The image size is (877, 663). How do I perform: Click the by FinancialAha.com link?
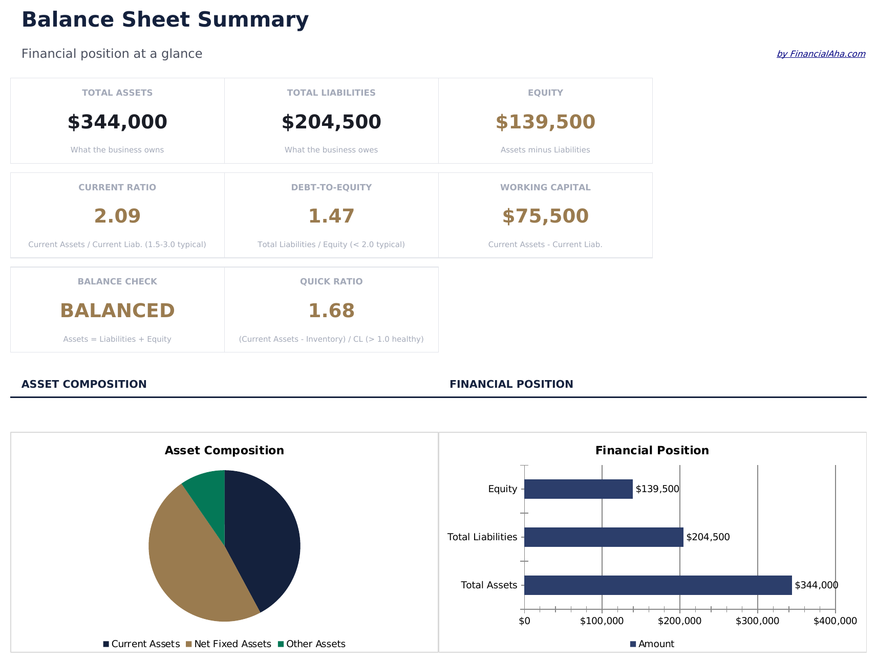(x=821, y=54)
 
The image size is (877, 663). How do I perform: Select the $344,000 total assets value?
(x=117, y=122)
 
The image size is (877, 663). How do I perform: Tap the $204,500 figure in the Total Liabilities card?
(x=331, y=122)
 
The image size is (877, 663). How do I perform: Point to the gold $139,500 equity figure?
(x=545, y=122)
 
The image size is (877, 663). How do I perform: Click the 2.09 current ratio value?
(x=117, y=216)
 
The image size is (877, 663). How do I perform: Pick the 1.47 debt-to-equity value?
(x=331, y=216)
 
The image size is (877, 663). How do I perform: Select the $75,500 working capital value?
(x=545, y=216)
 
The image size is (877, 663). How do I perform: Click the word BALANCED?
(x=117, y=311)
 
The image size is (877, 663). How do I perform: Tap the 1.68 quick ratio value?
(x=331, y=311)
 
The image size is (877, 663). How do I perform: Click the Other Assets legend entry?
(x=312, y=644)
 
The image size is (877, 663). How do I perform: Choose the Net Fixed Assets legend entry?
(x=228, y=644)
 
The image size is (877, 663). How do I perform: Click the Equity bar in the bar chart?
(x=579, y=489)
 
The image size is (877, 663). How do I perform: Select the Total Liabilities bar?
(x=604, y=537)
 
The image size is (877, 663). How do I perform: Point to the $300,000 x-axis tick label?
(x=757, y=621)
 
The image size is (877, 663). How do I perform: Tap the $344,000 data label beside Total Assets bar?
(x=816, y=585)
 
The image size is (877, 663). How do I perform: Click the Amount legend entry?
(x=652, y=644)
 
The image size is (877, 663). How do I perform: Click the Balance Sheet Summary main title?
(x=165, y=19)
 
